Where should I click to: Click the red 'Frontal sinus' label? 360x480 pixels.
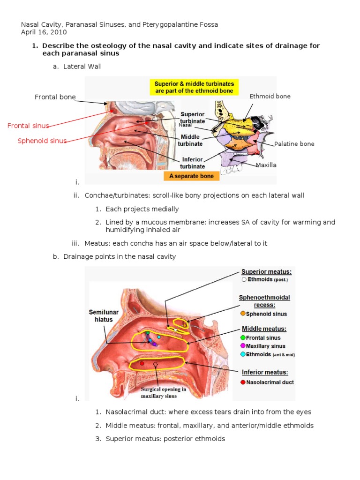[x=28, y=126]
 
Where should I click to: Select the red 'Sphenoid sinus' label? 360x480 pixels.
[x=42, y=141]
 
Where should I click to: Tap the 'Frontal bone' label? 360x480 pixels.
[x=55, y=97]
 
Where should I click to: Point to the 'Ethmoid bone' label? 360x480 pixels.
[x=270, y=96]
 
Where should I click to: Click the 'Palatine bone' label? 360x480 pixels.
[x=294, y=144]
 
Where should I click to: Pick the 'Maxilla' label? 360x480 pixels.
[x=266, y=165]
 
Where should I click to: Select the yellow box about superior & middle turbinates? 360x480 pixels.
[x=194, y=87]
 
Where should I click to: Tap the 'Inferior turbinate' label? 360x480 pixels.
[x=193, y=163]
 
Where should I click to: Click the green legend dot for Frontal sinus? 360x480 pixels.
[x=243, y=337]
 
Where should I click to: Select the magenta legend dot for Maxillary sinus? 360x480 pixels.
[x=243, y=346]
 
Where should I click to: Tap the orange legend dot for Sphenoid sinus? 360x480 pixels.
[x=243, y=314]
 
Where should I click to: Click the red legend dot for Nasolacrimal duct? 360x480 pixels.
[x=243, y=382]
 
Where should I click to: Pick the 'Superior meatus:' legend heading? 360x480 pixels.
[x=266, y=271]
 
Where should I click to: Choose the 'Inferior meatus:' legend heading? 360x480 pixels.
[x=264, y=373]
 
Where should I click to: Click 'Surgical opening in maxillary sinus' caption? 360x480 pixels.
[x=164, y=392]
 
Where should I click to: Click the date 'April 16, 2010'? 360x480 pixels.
[x=44, y=32]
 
